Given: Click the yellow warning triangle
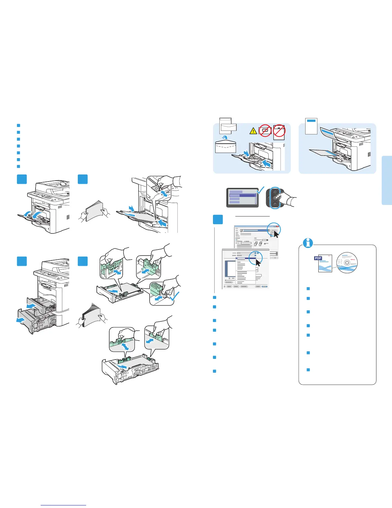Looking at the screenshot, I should [x=253, y=131].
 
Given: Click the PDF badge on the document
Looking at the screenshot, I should [x=318, y=258].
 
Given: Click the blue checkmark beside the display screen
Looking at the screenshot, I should [x=261, y=190].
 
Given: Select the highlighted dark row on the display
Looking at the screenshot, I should [x=242, y=195].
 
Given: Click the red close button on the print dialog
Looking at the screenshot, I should [x=278, y=226].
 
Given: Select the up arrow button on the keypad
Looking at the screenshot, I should [x=274, y=192].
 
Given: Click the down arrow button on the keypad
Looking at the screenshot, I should [x=274, y=204].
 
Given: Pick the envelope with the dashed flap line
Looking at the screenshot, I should [x=225, y=148].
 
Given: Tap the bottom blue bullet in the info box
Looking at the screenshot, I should [x=308, y=370].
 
